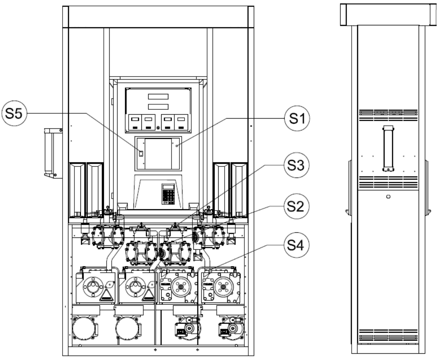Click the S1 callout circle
(x=297, y=118)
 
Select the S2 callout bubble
(x=296, y=206)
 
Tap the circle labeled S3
(x=296, y=165)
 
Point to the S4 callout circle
(x=296, y=245)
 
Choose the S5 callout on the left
(x=14, y=113)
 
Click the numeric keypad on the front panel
(x=168, y=194)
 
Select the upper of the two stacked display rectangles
(x=158, y=97)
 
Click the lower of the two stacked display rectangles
(x=158, y=107)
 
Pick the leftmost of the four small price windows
(x=135, y=122)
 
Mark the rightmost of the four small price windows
(x=181, y=122)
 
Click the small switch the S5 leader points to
(x=141, y=153)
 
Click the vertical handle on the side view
(x=388, y=148)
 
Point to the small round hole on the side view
(x=388, y=196)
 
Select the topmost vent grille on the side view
(x=388, y=115)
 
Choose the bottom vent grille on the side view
(x=388, y=335)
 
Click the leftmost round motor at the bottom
(x=84, y=328)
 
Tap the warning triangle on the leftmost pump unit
(x=107, y=295)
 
